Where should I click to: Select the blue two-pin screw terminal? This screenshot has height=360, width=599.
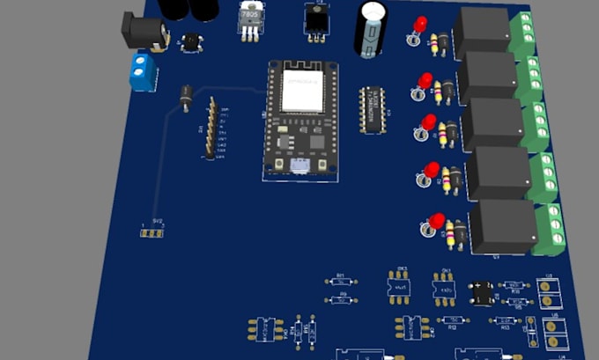[140, 71]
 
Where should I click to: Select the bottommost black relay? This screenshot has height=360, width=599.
[503, 228]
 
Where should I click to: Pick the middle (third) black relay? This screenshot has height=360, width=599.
[493, 122]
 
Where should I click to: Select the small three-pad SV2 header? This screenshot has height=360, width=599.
[154, 231]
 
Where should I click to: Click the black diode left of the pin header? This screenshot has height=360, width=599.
[185, 98]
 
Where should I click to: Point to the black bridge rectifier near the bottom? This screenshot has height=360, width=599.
[481, 290]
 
